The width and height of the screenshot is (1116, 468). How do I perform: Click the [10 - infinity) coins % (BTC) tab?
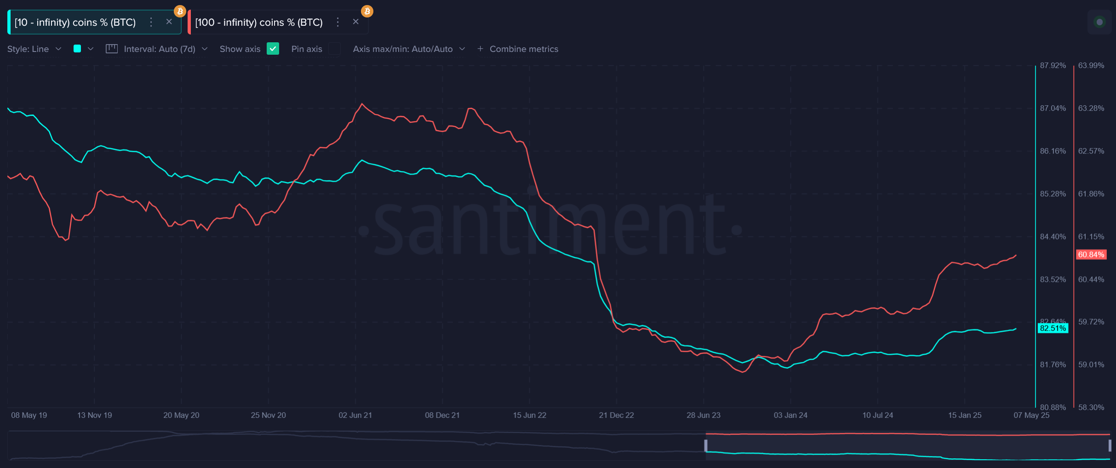(x=75, y=23)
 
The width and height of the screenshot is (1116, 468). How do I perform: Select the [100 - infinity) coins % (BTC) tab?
(x=259, y=23)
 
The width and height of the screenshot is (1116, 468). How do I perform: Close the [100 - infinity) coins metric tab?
(x=355, y=22)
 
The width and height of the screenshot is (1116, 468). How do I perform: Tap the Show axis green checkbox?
(x=273, y=49)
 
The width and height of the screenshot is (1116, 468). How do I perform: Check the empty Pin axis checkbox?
(x=334, y=49)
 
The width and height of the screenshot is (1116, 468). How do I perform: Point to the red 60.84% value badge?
(x=1091, y=255)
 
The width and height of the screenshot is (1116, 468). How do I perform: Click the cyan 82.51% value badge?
(x=1053, y=328)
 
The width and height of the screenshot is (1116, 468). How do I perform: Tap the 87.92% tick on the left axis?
(x=1053, y=66)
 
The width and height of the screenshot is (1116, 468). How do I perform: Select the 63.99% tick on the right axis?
(x=1091, y=66)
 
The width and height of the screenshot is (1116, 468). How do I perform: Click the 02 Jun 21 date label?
(x=355, y=415)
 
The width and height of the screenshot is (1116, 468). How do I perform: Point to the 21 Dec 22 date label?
(x=616, y=415)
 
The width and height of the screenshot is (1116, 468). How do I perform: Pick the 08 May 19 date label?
(x=29, y=415)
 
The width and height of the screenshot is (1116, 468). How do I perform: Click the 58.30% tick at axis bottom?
(x=1091, y=407)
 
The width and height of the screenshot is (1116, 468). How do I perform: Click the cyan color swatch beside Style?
(x=77, y=49)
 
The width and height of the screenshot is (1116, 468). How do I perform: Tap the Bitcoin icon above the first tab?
(x=180, y=11)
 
